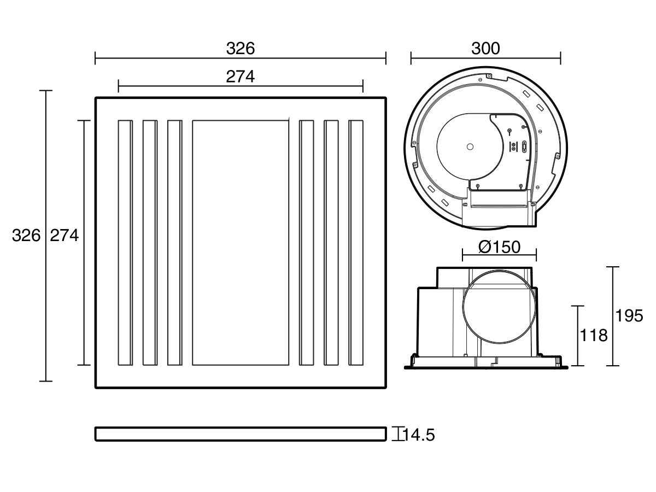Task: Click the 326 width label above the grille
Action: [x=241, y=49]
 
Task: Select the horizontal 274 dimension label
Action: [x=241, y=77]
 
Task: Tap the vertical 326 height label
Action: [x=26, y=236]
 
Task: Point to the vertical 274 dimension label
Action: [x=65, y=236]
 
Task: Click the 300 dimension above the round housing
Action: [x=485, y=49]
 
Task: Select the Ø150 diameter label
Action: [x=499, y=247]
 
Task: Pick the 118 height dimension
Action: [x=594, y=335]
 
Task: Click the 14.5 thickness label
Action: [x=419, y=435]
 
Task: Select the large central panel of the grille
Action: [x=241, y=242]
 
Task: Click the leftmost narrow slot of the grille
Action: [x=125, y=242]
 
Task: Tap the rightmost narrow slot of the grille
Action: [x=356, y=242]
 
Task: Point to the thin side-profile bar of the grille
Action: [x=241, y=434]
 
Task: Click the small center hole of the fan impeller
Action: [x=470, y=146]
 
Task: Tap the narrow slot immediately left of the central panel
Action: [x=174, y=242]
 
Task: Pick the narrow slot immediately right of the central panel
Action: [x=307, y=242]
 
